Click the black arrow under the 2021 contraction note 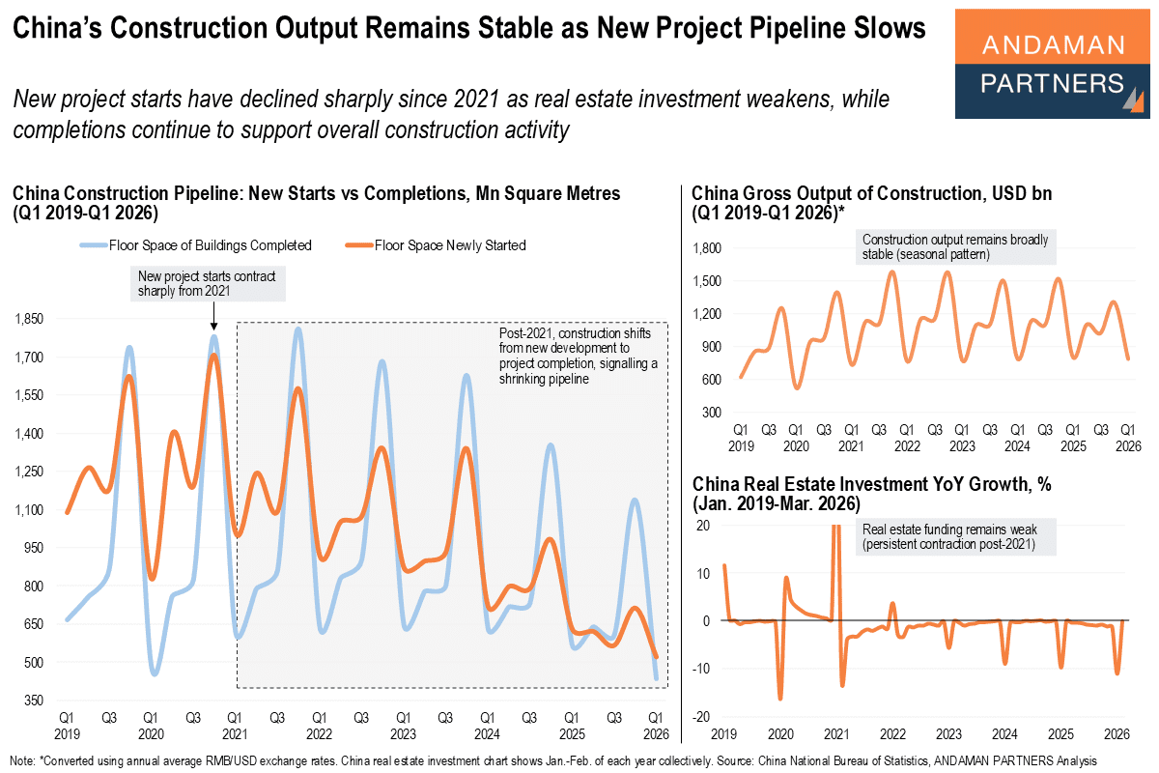pyautogui.click(x=213, y=319)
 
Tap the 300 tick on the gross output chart pyautogui.click(x=713, y=413)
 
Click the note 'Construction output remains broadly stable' pyautogui.click(x=955, y=247)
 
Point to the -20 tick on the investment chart pyautogui.click(x=703, y=716)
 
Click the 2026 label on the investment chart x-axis pyautogui.click(x=1117, y=733)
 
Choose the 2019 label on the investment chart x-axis pyautogui.click(x=725, y=733)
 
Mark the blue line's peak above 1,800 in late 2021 pyautogui.click(x=297, y=329)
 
